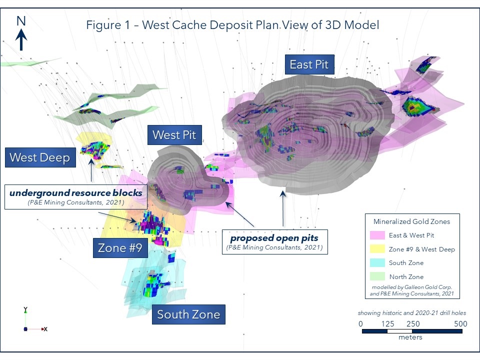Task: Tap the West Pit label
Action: click(174, 134)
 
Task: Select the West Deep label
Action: click(39, 158)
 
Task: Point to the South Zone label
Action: click(188, 314)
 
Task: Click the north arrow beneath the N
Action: click(21, 39)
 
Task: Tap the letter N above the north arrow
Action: click(21, 21)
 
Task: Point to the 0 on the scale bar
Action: click(361, 323)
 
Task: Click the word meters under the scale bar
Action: click(410, 337)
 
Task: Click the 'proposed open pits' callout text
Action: click(274, 237)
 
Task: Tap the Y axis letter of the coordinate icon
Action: click(25, 309)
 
